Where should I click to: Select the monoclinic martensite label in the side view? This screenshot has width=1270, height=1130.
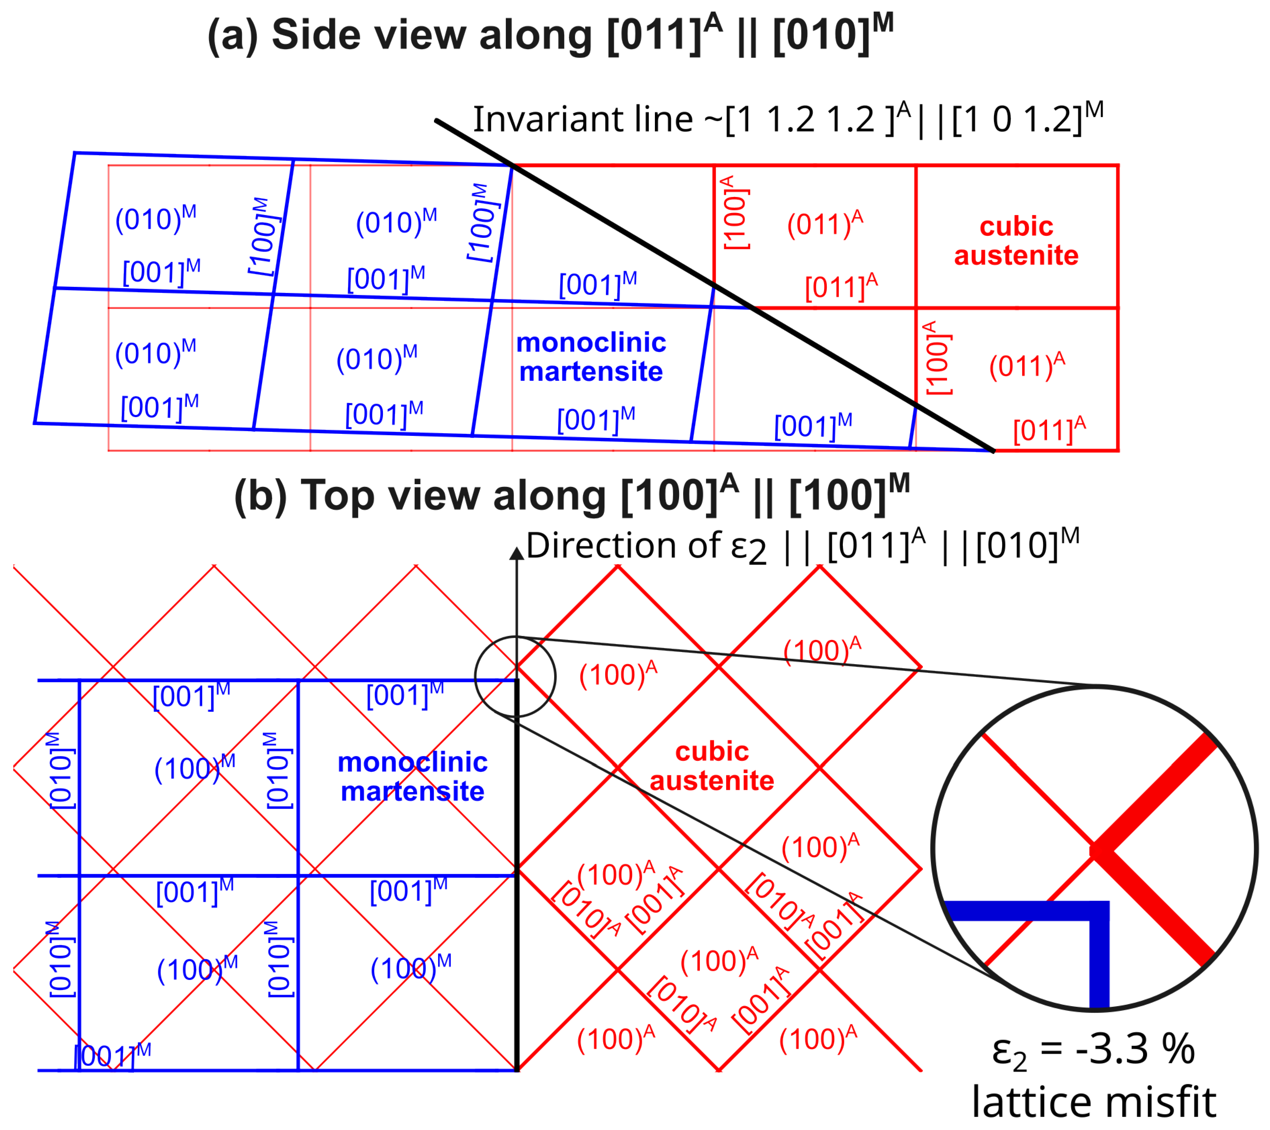(591, 357)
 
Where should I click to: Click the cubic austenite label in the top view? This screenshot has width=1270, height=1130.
(712, 766)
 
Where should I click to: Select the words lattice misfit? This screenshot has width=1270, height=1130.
(1094, 1102)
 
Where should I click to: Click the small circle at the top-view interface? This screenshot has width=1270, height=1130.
(515, 676)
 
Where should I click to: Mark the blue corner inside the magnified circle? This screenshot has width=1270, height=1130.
(1098, 911)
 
